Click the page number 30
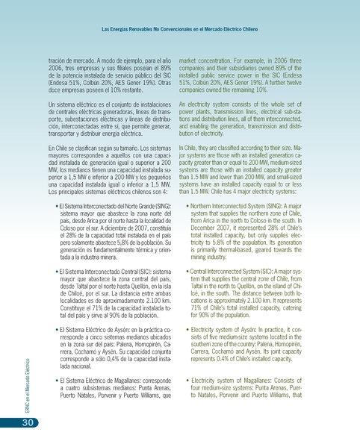click(10, 423)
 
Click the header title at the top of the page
click(179, 30)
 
